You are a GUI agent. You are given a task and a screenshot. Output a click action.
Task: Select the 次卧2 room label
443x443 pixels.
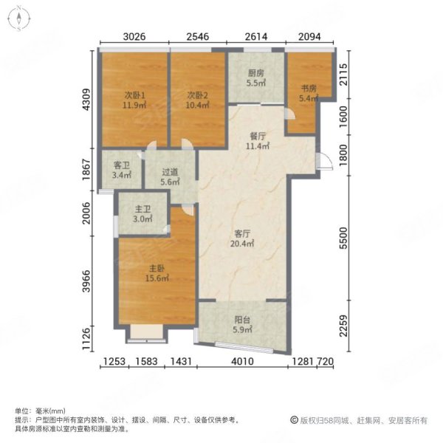point(196,95)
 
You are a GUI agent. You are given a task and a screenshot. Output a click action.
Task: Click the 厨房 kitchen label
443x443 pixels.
point(255,73)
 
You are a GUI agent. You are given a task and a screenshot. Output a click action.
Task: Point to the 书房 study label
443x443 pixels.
point(308,88)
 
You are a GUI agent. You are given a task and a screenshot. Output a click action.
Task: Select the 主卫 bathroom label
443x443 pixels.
point(142,208)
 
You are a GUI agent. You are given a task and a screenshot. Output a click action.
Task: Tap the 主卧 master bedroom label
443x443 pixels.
point(154,269)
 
